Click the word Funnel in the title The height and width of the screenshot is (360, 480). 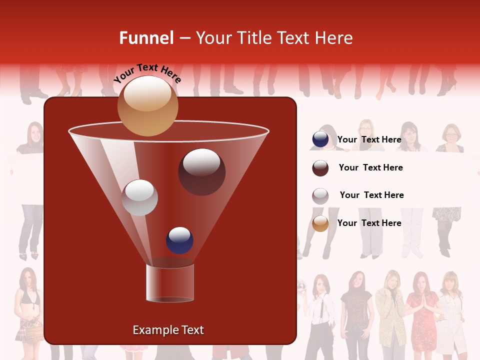146,38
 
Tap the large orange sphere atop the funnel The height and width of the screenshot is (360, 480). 147,105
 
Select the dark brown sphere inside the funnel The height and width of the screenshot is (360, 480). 201,171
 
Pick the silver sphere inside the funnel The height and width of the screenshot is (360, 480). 139,197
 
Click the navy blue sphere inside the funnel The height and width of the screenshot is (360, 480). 179,240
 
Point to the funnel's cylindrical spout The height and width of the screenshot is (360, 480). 170,283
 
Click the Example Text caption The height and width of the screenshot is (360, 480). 168,330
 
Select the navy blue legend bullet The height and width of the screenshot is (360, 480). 320,139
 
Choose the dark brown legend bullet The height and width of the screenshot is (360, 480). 320,168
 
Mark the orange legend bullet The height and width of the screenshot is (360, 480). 320,223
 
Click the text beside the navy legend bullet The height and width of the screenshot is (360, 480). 369,139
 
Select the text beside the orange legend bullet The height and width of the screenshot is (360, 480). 369,223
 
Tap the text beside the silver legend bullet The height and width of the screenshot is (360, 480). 371,195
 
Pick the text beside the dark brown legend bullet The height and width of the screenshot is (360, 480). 370,167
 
